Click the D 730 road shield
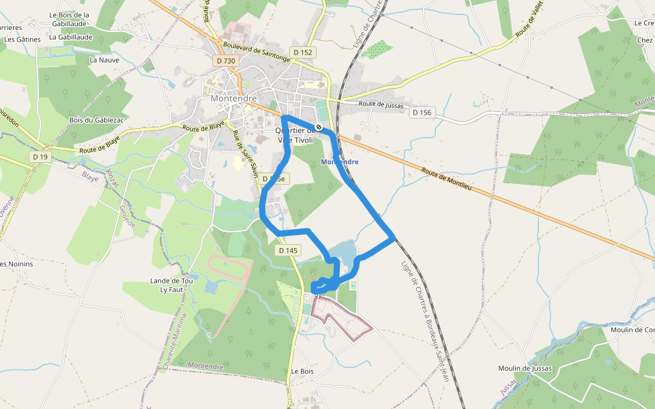click(225, 61)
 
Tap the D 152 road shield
click(303, 52)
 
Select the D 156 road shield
click(422, 112)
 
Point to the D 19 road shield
click(40, 157)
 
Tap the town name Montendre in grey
click(233, 98)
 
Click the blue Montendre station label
click(340, 162)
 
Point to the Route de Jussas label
click(381, 106)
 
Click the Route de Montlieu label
click(447, 179)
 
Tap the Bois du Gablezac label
click(96, 120)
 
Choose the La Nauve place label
click(104, 60)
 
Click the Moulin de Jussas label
click(525, 368)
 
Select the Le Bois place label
click(302, 372)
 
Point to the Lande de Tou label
click(171, 281)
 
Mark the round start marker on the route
click(319, 127)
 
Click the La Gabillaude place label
click(70, 38)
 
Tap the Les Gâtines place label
click(23, 40)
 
